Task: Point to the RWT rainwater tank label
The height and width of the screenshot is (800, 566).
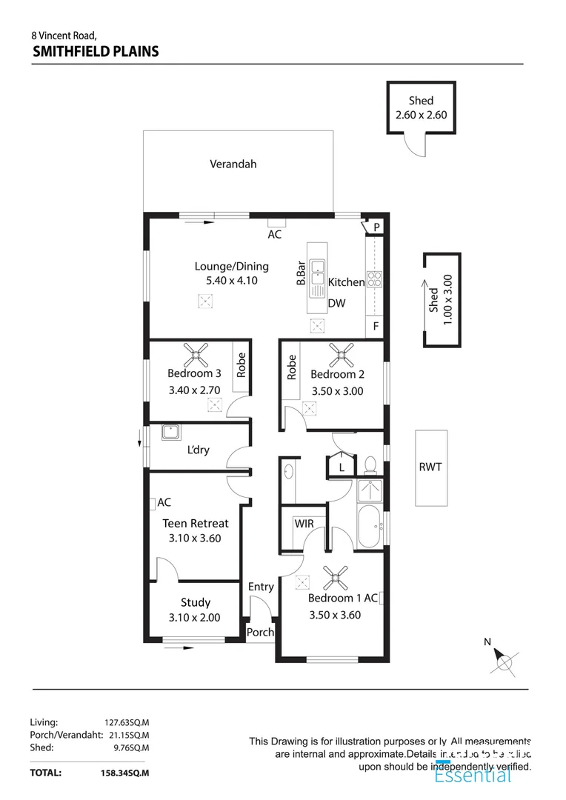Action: pyautogui.click(x=430, y=467)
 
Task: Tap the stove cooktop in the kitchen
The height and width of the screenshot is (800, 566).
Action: pyautogui.click(x=375, y=279)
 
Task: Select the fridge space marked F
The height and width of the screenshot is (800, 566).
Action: pyautogui.click(x=376, y=326)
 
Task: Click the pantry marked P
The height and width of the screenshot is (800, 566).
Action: pyautogui.click(x=376, y=227)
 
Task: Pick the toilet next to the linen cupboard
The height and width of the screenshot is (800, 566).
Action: pyautogui.click(x=370, y=464)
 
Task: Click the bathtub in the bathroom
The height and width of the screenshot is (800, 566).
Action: pyautogui.click(x=368, y=527)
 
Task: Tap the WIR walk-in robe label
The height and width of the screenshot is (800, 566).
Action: pyautogui.click(x=304, y=524)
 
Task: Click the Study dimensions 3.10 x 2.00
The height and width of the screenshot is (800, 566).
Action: pyautogui.click(x=195, y=617)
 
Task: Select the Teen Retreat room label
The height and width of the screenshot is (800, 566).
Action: pyautogui.click(x=196, y=523)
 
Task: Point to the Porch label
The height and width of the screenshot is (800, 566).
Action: pyautogui.click(x=260, y=633)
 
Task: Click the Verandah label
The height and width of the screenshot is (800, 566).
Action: pyautogui.click(x=233, y=164)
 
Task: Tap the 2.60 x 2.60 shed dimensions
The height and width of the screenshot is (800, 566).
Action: pyautogui.click(x=421, y=115)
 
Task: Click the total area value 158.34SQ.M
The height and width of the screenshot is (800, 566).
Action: pyautogui.click(x=125, y=773)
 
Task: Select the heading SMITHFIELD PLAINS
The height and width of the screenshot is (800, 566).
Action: pyautogui.click(x=96, y=51)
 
